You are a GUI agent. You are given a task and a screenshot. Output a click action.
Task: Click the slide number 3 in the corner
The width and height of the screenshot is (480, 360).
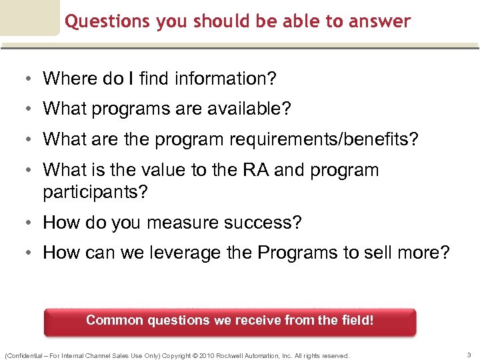[x=469, y=355]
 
